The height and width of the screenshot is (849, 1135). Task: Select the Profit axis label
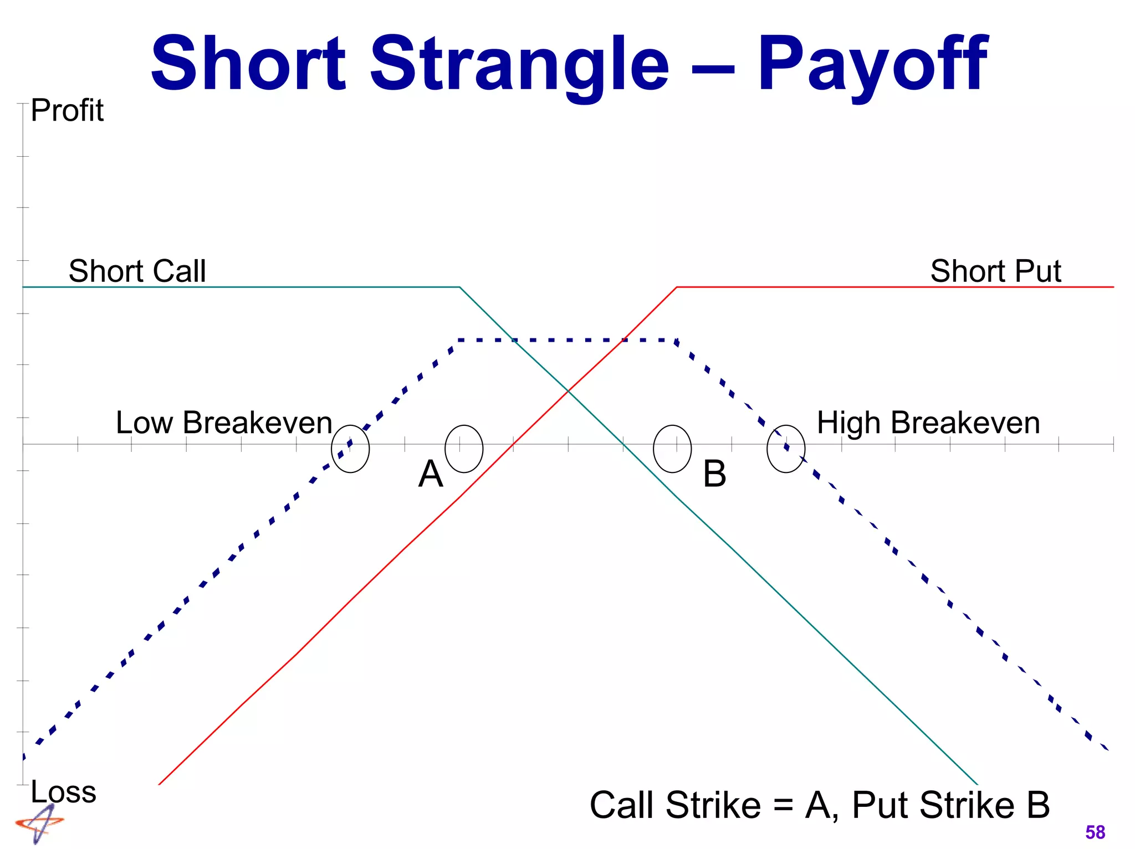pyautogui.click(x=67, y=110)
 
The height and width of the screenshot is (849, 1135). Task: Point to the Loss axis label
pyautogui.click(x=63, y=791)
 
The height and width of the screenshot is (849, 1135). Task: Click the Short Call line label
pyautogui.click(x=137, y=271)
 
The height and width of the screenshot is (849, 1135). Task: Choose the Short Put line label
pyautogui.click(x=995, y=271)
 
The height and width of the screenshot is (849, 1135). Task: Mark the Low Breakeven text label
pyautogui.click(x=224, y=423)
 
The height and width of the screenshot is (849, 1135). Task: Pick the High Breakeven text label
pyautogui.click(x=928, y=423)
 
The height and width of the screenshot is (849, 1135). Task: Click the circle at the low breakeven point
pyautogui.click(x=350, y=449)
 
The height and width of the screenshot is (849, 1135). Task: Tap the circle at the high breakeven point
pyautogui.click(x=786, y=449)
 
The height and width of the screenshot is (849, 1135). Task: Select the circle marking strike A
pyautogui.click(x=464, y=449)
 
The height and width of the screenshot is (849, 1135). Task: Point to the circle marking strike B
pyautogui.click(x=672, y=449)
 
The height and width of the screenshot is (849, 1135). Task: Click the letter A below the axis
pyautogui.click(x=431, y=474)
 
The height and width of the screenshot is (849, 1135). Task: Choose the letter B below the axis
pyautogui.click(x=714, y=474)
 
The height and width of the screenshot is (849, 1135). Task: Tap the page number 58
pyautogui.click(x=1095, y=832)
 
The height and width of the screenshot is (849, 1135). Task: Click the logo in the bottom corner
pyautogui.click(x=39, y=824)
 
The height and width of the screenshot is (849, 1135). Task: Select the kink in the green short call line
pyautogui.click(x=460, y=287)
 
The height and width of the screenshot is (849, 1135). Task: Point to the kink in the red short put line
pyautogui.click(x=677, y=287)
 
